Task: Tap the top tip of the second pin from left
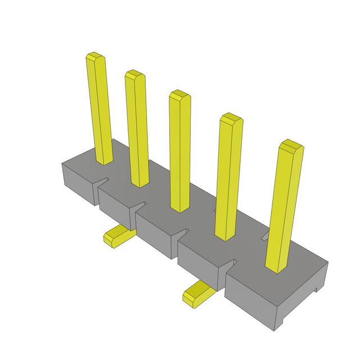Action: [134, 74]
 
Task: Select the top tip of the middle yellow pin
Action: [179, 93]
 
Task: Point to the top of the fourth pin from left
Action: [231, 118]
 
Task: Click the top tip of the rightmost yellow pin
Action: [291, 145]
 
